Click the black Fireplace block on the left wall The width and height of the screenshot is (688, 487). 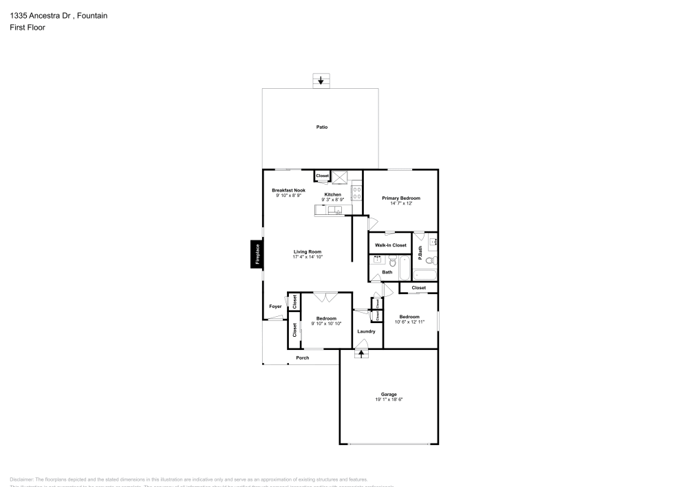pos(255,254)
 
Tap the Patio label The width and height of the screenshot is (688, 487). pos(321,127)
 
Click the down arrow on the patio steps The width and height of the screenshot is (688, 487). pos(321,81)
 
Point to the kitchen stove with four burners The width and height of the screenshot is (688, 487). pos(357,194)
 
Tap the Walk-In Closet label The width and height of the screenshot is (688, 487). pos(390,245)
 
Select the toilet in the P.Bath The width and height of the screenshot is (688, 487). pos(428,261)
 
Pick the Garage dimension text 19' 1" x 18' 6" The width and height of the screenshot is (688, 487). pos(389,400)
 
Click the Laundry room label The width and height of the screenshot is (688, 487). pos(366,331)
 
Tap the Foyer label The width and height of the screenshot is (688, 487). pos(275,306)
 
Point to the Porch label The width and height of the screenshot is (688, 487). pos(302,358)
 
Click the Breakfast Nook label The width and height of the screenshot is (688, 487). pos(288,190)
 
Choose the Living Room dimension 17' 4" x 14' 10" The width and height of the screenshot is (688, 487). pos(308,257)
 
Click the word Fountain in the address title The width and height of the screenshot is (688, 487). pos(93,15)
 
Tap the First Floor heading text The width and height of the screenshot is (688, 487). pos(28,28)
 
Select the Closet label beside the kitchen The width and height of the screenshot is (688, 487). pos(323,176)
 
